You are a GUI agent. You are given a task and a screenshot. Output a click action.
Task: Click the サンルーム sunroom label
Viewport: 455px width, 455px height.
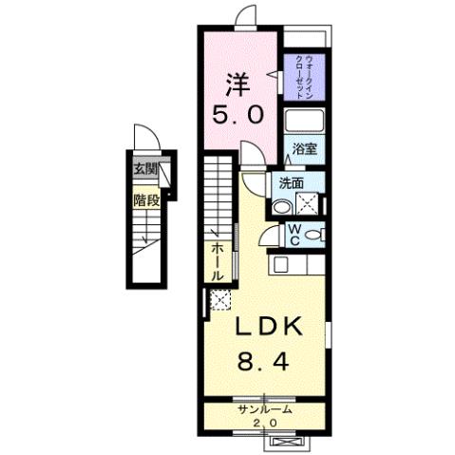tap(263, 409)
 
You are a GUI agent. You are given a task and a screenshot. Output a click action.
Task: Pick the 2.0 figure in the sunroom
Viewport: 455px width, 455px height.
tap(263, 421)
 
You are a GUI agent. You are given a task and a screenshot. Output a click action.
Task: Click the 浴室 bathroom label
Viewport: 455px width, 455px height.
tap(304, 149)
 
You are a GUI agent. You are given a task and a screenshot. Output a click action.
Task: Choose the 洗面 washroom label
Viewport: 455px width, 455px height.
tap(292, 184)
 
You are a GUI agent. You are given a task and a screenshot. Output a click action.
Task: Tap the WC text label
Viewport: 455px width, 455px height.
tap(294, 233)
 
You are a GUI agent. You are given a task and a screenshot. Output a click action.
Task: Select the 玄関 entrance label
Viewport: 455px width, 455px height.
tap(144, 170)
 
